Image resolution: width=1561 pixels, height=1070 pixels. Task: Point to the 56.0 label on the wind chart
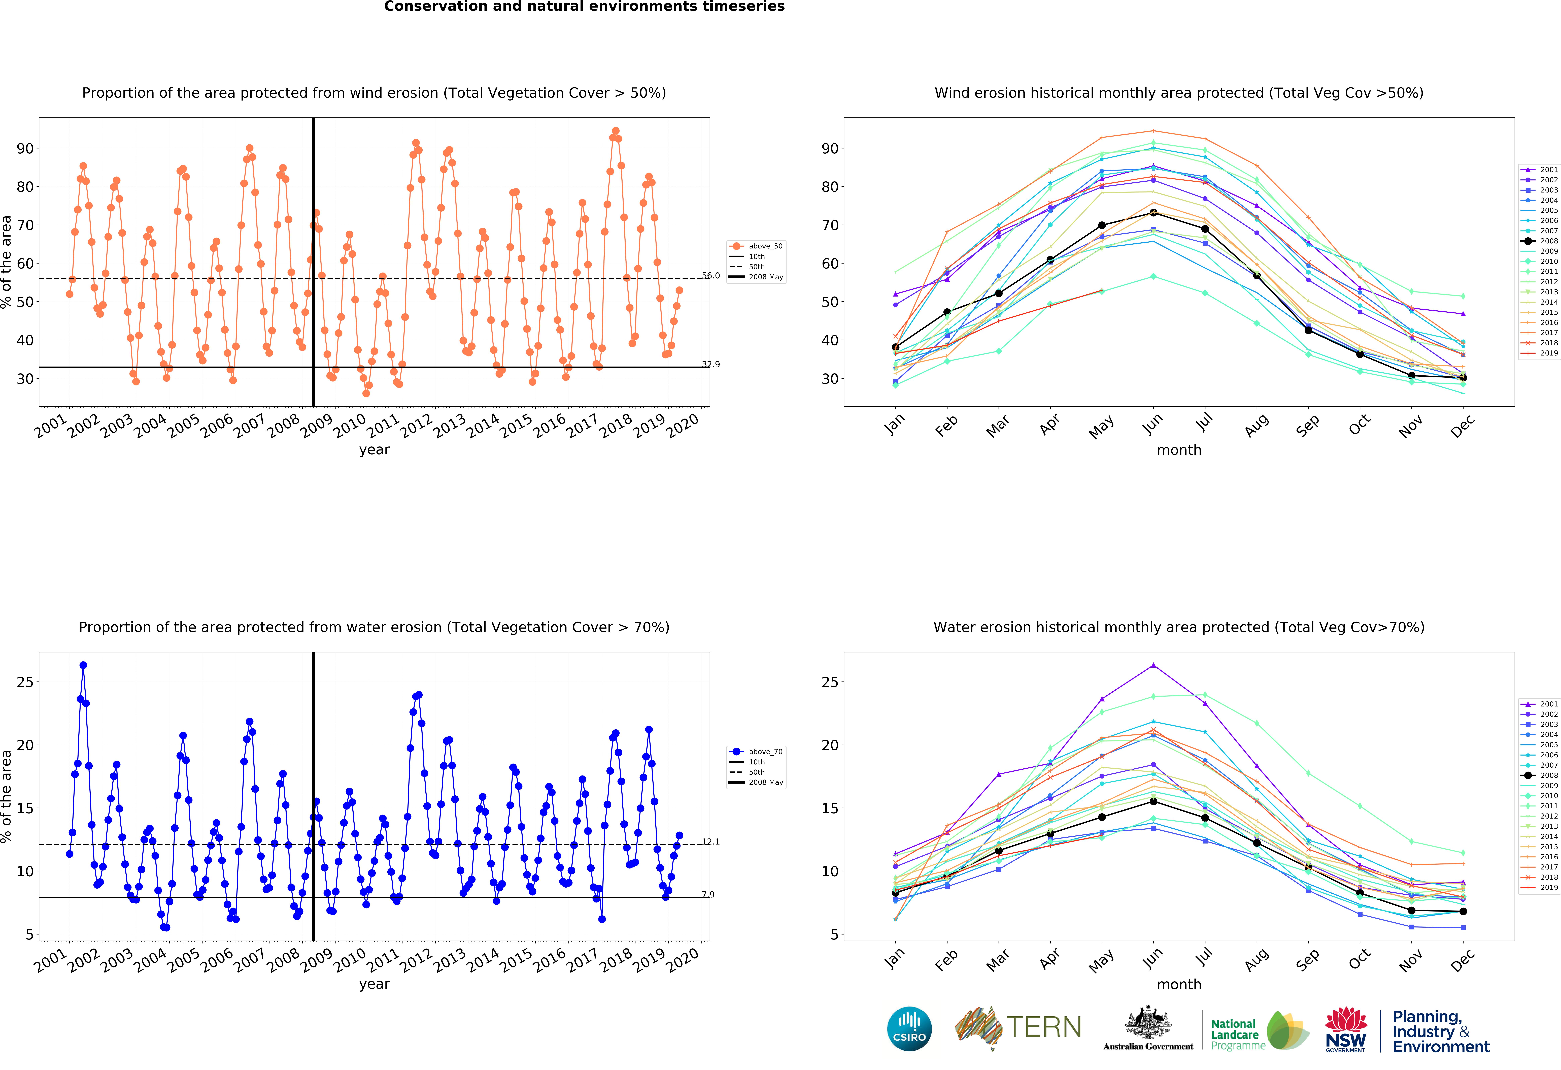tap(711, 275)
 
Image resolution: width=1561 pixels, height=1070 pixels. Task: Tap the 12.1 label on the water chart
tap(711, 842)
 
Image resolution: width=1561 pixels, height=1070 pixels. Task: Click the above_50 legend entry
tap(756, 246)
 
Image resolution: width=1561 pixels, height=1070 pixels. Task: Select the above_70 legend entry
tap(756, 752)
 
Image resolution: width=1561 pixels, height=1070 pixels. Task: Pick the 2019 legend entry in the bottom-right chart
tap(1540, 887)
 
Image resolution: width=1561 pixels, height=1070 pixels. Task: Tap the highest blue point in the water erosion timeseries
tap(83, 665)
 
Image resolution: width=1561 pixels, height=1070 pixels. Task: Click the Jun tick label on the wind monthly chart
tap(1153, 423)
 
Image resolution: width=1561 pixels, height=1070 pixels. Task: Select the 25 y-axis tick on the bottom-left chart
tap(25, 682)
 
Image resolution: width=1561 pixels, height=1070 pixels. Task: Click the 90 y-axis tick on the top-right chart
tap(830, 148)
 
